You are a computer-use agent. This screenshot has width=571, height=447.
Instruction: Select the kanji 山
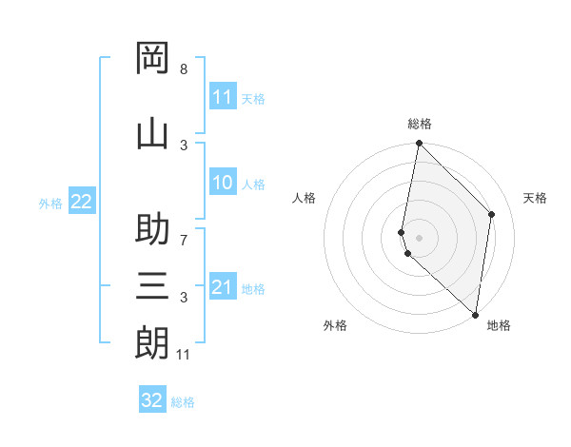(x=152, y=133)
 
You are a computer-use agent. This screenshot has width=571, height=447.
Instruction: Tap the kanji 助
(x=152, y=232)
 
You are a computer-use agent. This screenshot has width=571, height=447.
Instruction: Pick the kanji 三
(x=152, y=285)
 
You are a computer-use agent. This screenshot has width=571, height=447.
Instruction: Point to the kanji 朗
(x=152, y=341)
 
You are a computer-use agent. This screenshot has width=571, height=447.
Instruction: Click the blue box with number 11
(x=223, y=97)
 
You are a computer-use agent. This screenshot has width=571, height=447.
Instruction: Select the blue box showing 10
(x=223, y=184)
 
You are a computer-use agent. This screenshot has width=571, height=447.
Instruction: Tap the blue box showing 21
(x=223, y=287)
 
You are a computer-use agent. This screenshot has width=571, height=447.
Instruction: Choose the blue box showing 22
(x=81, y=202)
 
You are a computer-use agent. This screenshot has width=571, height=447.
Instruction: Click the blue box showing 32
(x=152, y=400)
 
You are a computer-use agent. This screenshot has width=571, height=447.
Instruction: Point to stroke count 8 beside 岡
(x=184, y=69)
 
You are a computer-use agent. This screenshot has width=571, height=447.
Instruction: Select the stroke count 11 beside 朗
(x=184, y=355)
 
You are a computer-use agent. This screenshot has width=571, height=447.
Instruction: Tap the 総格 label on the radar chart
(x=420, y=124)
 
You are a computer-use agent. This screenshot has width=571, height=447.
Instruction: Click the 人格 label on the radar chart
(x=304, y=198)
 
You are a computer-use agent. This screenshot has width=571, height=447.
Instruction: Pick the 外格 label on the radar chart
(x=335, y=325)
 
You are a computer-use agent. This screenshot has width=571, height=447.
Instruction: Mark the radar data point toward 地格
(x=476, y=315)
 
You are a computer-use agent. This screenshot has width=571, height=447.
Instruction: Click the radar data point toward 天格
(x=492, y=214)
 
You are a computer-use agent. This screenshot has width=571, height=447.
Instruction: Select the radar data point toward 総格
(x=419, y=143)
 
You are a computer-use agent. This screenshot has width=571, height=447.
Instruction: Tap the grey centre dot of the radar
(x=419, y=238)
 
